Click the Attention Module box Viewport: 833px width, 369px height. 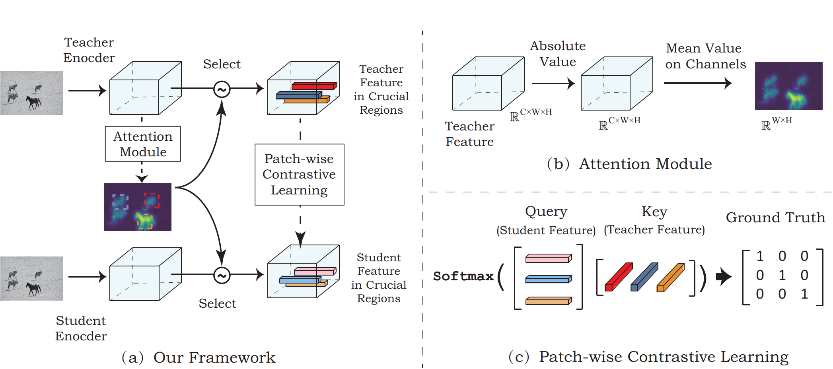[x=143, y=144]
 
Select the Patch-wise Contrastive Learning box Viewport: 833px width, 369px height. [x=299, y=175]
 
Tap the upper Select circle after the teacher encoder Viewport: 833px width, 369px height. [x=222, y=89]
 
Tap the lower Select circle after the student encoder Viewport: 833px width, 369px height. [x=222, y=275]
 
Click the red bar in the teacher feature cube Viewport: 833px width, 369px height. [x=314, y=85]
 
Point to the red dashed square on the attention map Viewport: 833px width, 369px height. [x=152, y=200]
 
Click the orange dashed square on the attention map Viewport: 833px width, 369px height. [x=145, y=221]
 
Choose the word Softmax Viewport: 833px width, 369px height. [x=463, y=276]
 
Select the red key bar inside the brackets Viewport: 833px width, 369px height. [x=619, y=277]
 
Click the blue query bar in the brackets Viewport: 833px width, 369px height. [x=549, y=280]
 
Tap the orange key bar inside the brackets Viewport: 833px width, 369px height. [x=670, y=278]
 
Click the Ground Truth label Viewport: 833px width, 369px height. [x=775, y=218]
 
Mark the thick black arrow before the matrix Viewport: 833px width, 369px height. [x=723, y=276]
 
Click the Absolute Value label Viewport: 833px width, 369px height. [x=558, y=54]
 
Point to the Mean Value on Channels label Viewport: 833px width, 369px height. [x=705, y=56]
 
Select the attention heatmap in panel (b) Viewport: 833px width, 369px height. [x=788, y=86]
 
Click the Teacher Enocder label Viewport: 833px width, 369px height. [x=89, y=50]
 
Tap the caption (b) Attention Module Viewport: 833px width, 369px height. [x=629, y=164]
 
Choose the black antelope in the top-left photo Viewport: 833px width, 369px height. [x=33, y=102]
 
